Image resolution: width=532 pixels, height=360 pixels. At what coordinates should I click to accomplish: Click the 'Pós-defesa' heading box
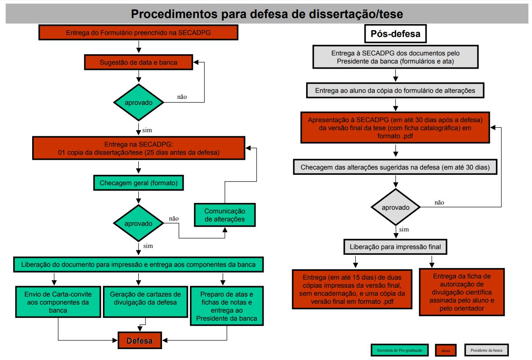[x=395, y=34]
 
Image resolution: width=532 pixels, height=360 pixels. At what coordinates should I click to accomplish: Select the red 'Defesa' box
[x=140, y=341]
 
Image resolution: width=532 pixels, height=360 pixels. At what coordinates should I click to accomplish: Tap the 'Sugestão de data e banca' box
[x=138, y=62]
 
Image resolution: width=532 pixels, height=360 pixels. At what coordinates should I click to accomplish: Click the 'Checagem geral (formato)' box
[x=139, y=183]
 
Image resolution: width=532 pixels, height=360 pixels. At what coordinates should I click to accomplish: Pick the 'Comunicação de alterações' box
[x=225, y=215]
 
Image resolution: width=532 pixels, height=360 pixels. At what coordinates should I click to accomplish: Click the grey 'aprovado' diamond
[x=395, y=207]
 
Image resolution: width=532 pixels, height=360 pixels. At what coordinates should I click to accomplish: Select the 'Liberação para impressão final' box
[x=395, y=247]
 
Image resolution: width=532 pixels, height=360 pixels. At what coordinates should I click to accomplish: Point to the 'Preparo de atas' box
[x=227, y=306]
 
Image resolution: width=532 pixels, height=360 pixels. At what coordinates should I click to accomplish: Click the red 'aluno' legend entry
[x=446, y=350]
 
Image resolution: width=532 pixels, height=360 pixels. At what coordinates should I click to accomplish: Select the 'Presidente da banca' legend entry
[x=486, y=350]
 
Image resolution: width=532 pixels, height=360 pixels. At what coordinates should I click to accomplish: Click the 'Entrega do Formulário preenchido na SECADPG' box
[x=138, y=33]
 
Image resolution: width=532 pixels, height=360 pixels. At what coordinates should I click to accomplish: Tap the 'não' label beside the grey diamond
[x=439, y=202]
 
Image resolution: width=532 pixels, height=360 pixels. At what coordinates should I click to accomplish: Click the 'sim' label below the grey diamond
[x=404, y=229]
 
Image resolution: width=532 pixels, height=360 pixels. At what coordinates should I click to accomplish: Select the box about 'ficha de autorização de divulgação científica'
[x=462, y=292]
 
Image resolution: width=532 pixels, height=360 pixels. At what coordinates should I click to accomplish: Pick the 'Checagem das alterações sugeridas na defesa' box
[x=395, y=167]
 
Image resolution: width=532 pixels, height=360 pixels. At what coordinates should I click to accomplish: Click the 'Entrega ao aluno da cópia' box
[x=395, y=90]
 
